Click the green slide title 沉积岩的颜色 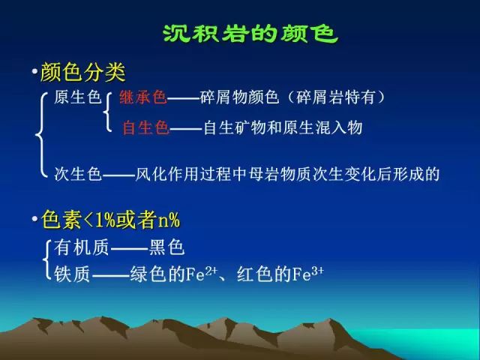click(x=250, y=33)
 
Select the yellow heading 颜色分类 click(x=82, y=73)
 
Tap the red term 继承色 click(x=143, y=97)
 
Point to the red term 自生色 click(x=145, y=127)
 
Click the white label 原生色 click(x=78, y=97)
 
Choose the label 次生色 click(x=78, y=174)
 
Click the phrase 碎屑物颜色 click(x=240, y=97)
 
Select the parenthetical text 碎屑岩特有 click(x=335, y=97)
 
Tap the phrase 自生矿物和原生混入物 click(x=283, y=127)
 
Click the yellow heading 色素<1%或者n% click(x=111, y=220)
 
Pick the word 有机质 click(x=82, y=247)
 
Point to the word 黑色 click(x=166, y=247)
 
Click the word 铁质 click(x=72, y=274)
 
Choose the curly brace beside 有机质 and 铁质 click(x=46, y=260)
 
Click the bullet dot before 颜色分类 click(x=34, y=72)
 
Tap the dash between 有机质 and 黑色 click(x=129, y=248)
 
